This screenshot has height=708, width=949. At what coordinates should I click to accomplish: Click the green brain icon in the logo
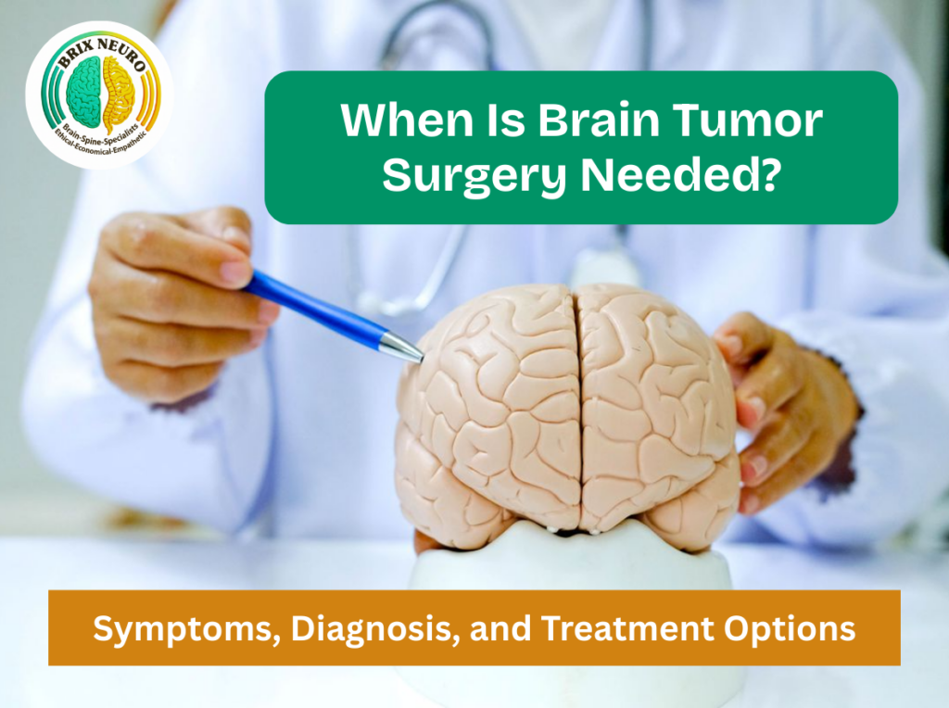[82, 92]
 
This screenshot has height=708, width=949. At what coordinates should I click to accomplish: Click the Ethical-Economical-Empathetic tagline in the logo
[98, 140]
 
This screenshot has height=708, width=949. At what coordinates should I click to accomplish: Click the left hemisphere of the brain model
[487, 408]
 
